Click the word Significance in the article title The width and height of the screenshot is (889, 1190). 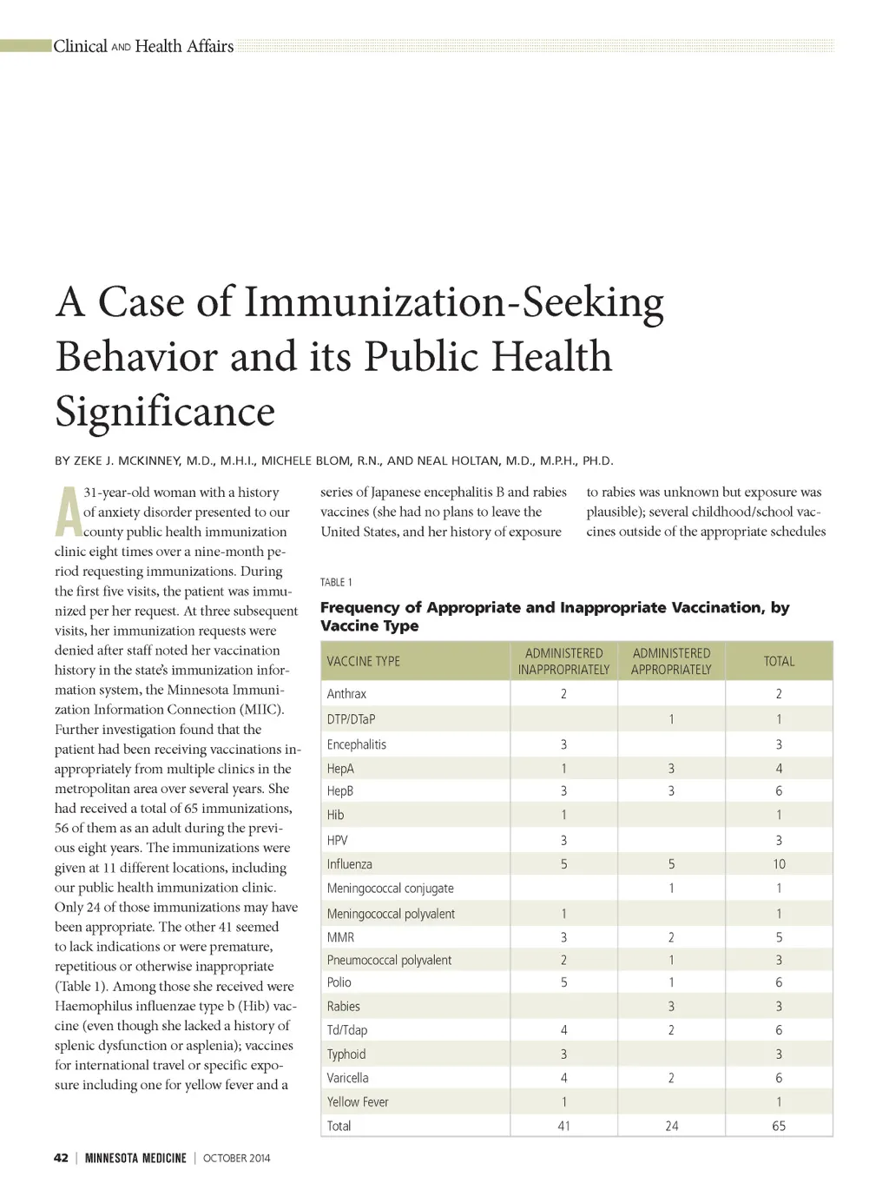165,411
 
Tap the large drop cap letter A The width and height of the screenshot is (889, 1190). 68,512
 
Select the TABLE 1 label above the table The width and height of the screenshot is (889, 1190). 336,582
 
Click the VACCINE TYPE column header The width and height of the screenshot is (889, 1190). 363,661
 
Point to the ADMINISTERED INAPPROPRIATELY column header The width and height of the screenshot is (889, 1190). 563,661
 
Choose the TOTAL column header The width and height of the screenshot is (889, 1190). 779,661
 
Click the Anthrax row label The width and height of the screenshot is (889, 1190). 346,693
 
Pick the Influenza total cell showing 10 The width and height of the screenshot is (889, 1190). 779,864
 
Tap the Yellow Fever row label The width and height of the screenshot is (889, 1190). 358,1101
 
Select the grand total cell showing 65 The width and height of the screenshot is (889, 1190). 779,1126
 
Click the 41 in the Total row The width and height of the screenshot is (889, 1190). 563,1126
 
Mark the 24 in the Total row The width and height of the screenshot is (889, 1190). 671,1126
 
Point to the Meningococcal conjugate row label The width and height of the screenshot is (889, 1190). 390,888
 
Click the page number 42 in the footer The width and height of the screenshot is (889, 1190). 61,1158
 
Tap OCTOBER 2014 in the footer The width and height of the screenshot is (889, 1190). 237,1158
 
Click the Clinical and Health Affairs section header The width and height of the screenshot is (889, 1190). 143,46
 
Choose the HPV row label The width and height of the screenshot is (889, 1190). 337,840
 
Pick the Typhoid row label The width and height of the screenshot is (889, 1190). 346,1054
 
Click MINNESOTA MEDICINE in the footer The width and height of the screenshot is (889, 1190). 135,1158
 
